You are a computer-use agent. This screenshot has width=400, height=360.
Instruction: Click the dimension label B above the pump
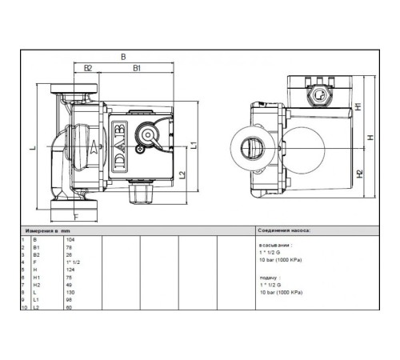(x=122, y=57)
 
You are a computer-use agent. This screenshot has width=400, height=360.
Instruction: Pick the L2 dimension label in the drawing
(x=182, y=174)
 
